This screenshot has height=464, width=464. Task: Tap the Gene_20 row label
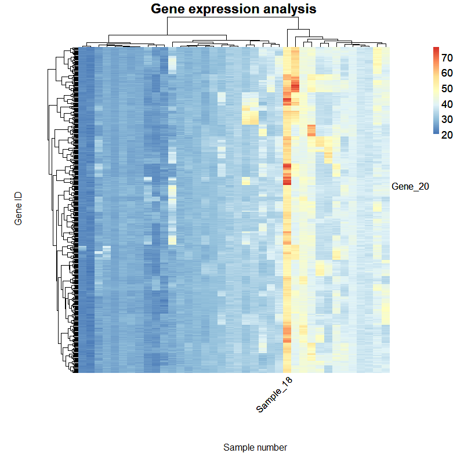(410, 186)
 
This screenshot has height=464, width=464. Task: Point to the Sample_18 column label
(274, 397)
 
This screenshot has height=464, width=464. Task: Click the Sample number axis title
(255, 447)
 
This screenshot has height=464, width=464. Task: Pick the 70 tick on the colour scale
(447, 57)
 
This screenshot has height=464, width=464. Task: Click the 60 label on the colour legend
(447, 73)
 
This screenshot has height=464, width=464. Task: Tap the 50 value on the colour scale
(447, 89)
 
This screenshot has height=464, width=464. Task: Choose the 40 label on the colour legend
(447, 104)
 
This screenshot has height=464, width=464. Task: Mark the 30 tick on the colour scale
(447, 119)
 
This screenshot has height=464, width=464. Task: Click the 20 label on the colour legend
(447, 135)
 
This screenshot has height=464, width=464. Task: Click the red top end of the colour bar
(436, 49)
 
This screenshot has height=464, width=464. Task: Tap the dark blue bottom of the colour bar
(436, 132)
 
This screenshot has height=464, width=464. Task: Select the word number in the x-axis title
(271, 447)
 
